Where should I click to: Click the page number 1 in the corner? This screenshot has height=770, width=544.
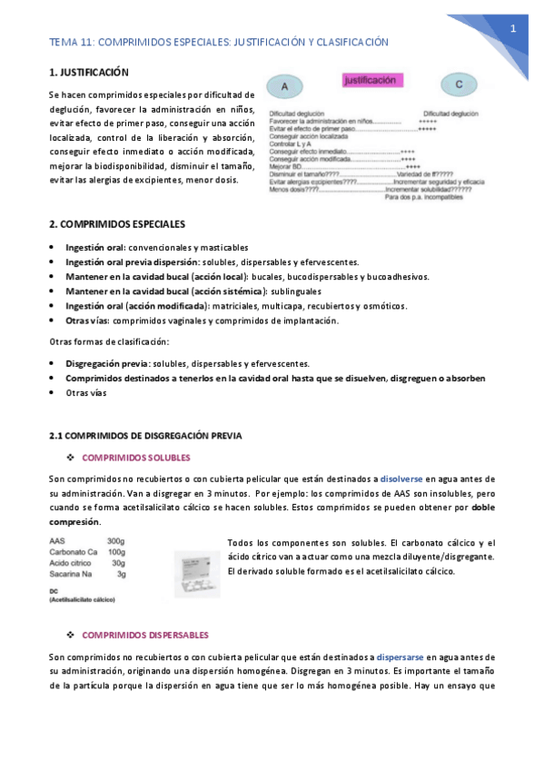click(513, 29)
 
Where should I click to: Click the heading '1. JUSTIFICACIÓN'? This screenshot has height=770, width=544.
click(88, 72)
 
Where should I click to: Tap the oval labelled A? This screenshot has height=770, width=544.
click(285, 87)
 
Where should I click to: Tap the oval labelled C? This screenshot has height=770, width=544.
click(460, 85)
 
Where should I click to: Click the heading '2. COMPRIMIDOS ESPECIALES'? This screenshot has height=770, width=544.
click(116, 223)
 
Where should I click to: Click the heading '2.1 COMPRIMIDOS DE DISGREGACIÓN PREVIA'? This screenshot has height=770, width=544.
click(145, 436)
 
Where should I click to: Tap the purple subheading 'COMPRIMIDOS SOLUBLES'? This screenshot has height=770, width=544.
click(136, 457)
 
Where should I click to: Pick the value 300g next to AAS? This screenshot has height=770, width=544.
click(116, 540)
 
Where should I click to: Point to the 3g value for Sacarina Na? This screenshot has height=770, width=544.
click(121, 574)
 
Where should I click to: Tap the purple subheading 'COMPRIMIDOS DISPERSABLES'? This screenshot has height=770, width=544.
click(145, 635)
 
